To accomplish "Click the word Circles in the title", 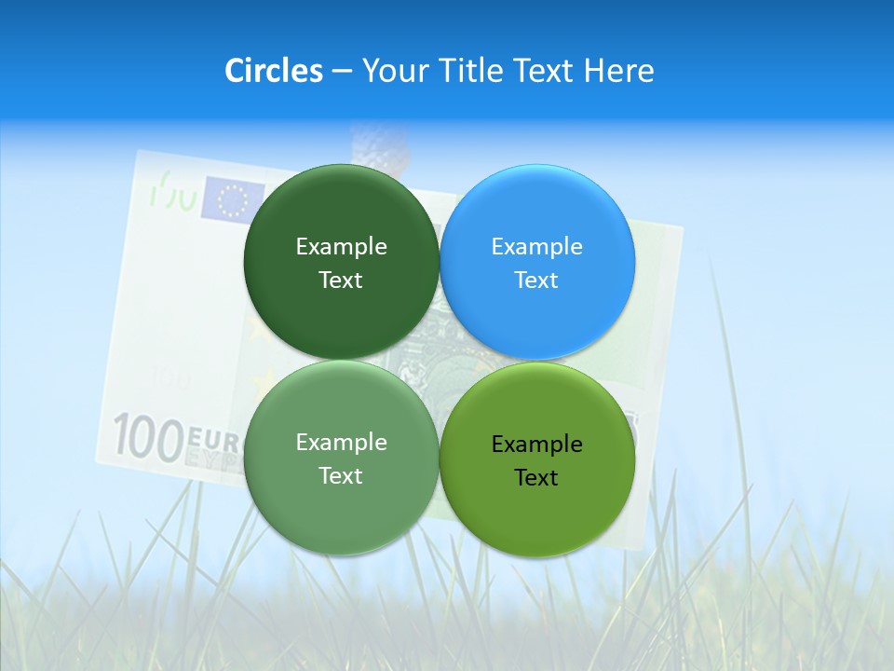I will tap(273, 71).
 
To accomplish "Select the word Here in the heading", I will tap(618, 71).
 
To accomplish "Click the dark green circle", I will tap(341, 262).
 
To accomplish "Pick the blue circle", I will tap(537, 262).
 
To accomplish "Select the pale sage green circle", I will tap(341, 458).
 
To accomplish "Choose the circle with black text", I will tap(537, 459).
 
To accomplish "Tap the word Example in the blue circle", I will tap(536, 247).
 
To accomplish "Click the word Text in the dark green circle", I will tap(341, 281).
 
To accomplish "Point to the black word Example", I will tap(536, 445).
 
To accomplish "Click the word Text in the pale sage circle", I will tap(341, 476).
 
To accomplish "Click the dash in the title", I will tap(342, 71).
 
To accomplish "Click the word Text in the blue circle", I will tap(536, 281).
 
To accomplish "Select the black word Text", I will tap(536, 478).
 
